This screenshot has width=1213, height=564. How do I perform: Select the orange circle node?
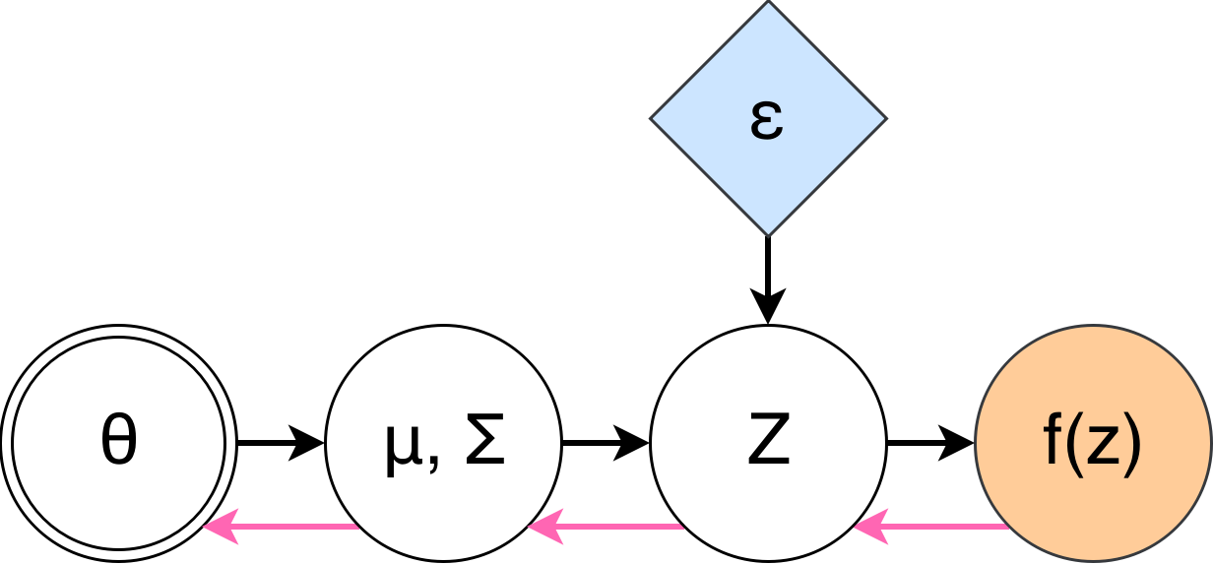(1093, 394)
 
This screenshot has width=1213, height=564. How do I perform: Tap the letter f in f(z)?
(1052, 443)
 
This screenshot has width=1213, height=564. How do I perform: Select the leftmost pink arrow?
(281, 527)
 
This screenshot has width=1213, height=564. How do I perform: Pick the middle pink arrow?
(606, 527)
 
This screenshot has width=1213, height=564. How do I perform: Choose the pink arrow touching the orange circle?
(930, 527)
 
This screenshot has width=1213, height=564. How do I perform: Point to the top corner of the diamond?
(768, 4)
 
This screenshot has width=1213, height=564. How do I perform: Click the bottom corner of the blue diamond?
(768, 234)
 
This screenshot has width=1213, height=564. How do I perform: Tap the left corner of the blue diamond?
(653, 119)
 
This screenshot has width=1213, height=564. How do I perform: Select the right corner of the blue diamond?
(884, 119)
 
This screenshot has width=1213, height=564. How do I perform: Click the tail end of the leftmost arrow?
(357, 527)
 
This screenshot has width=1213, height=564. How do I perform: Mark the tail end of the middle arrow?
(682, 527)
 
